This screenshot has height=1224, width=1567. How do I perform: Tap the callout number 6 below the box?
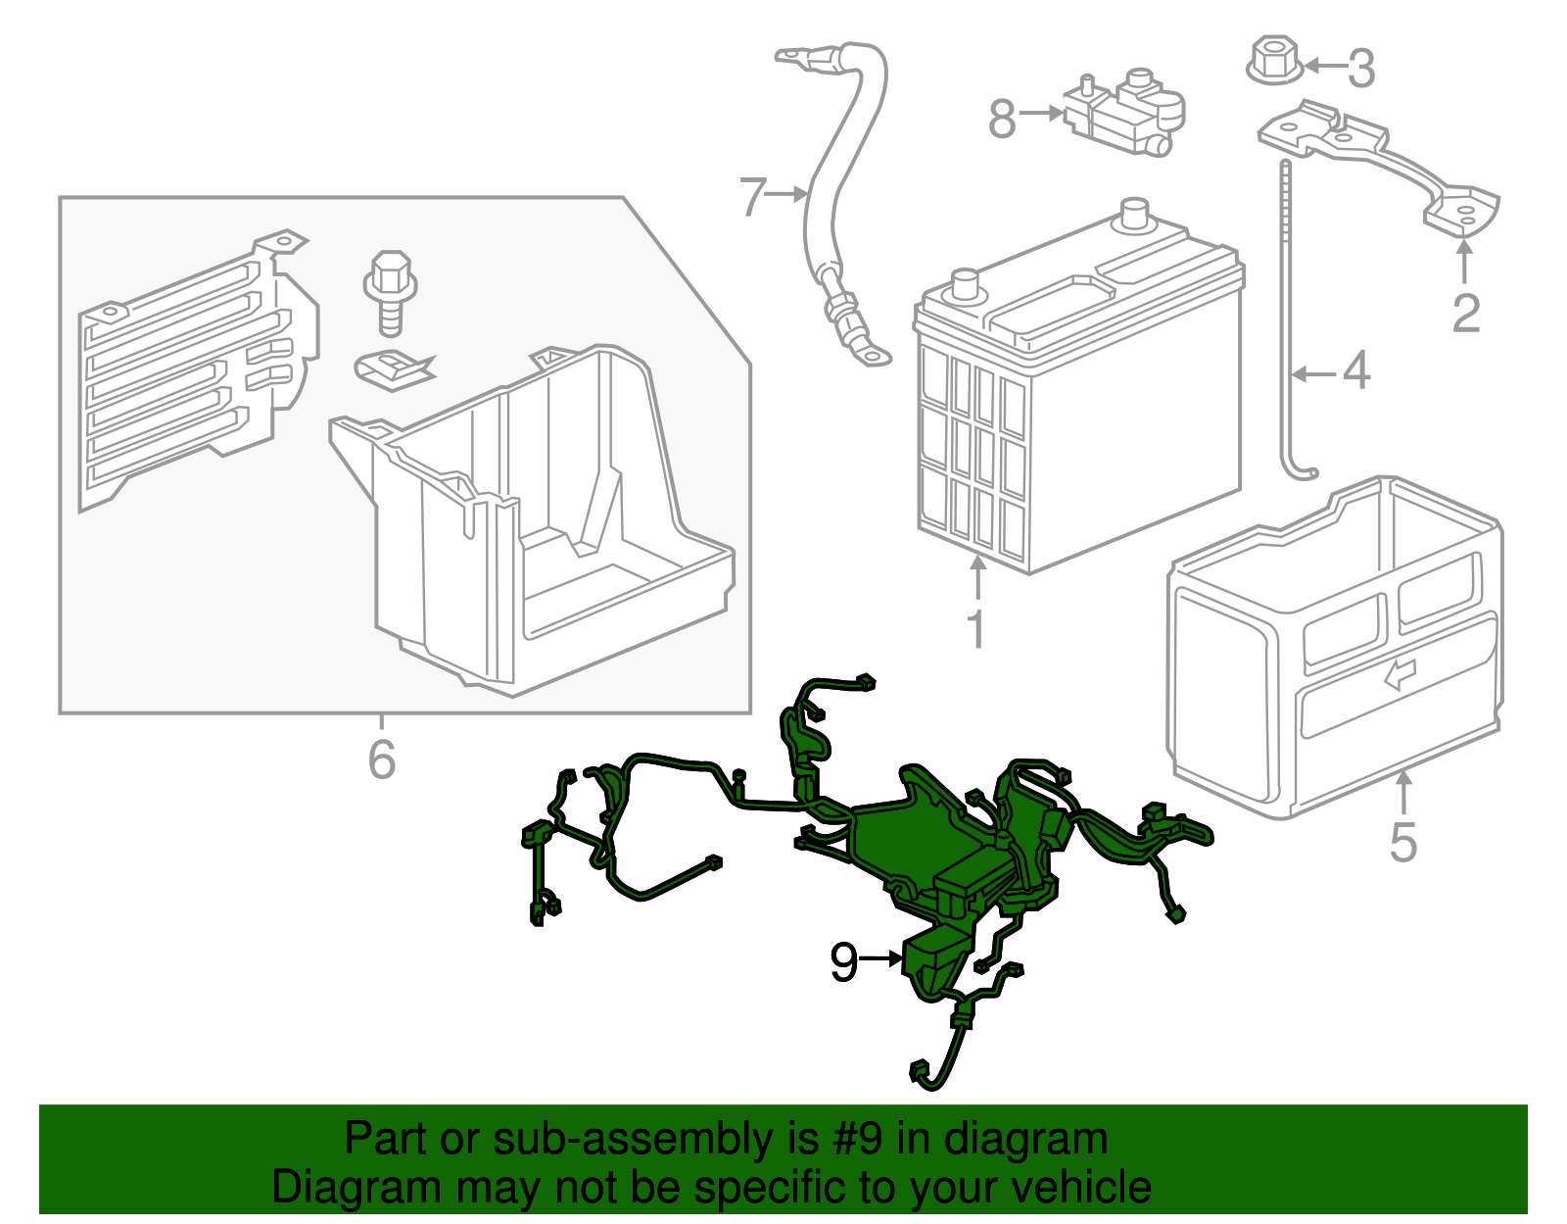point(382,759)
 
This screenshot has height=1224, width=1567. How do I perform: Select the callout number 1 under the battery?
point(975,629)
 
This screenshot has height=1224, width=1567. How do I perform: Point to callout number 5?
point(1403,843)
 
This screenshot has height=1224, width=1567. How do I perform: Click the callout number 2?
point(1465,314)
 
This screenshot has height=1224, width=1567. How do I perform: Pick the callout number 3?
point(1361,69)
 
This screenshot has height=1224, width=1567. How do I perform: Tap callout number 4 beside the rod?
point(1356,372)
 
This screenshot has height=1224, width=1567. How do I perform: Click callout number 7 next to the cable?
point(751,197)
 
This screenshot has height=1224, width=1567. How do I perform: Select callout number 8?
point(1002,120)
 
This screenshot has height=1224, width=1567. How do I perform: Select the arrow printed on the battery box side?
point(1401,673)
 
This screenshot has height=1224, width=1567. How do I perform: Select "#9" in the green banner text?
point(860,1140)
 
